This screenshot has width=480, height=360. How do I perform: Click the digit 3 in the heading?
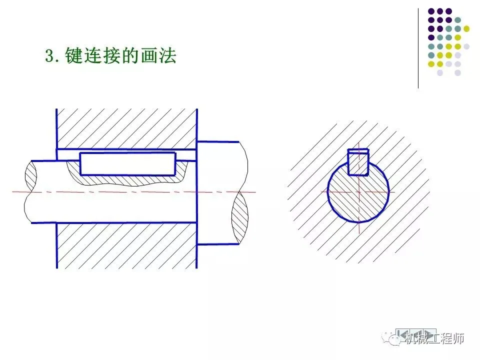pyautogui.click(x=49, y=56)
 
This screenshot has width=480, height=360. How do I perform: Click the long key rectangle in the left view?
pyautogui.click(x=128, y=163)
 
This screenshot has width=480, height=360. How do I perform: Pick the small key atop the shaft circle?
pyautogui.click(x=358, y=162)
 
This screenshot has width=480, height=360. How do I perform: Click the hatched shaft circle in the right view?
pyautogui.click(x=358, y=200)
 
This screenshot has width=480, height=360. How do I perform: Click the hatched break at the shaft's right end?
pyautogui.click(x=239, y=217)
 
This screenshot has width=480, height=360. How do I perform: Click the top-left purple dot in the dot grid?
pyautogui.click(x=431, y=11)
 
